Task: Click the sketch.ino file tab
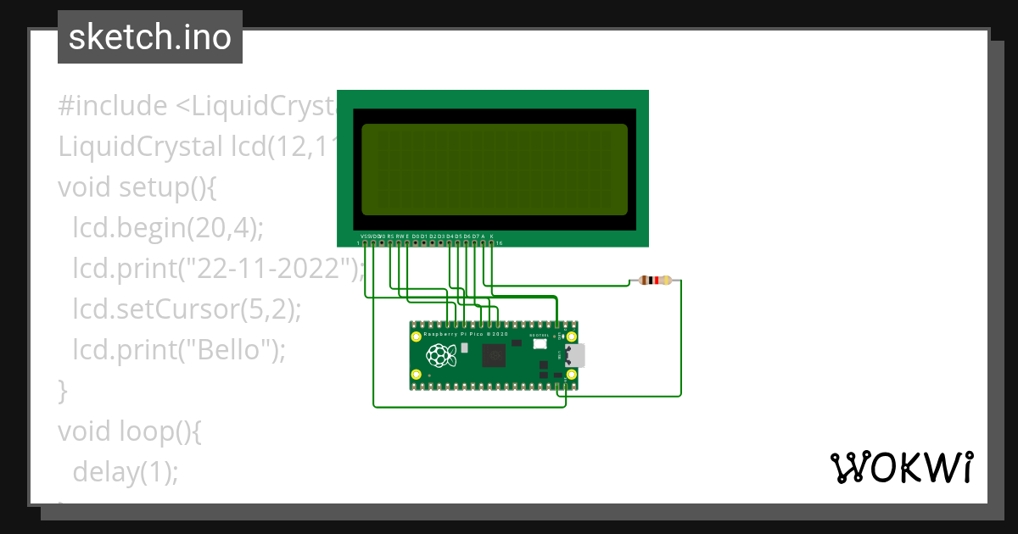tap(150, 37)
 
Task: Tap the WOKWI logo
tap(901, 467)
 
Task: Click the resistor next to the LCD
tap(654, 281)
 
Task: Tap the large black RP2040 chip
tap(493, 358)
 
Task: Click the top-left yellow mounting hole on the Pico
tap(416, 337)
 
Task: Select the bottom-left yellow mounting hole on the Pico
tap(416, 374)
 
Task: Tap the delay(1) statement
tap(126, 471)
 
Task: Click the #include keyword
tap(113, 106)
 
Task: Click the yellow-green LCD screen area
tap(494, 170)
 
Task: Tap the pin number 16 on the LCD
tap(499, 244)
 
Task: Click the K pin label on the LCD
tap(491, 236)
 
